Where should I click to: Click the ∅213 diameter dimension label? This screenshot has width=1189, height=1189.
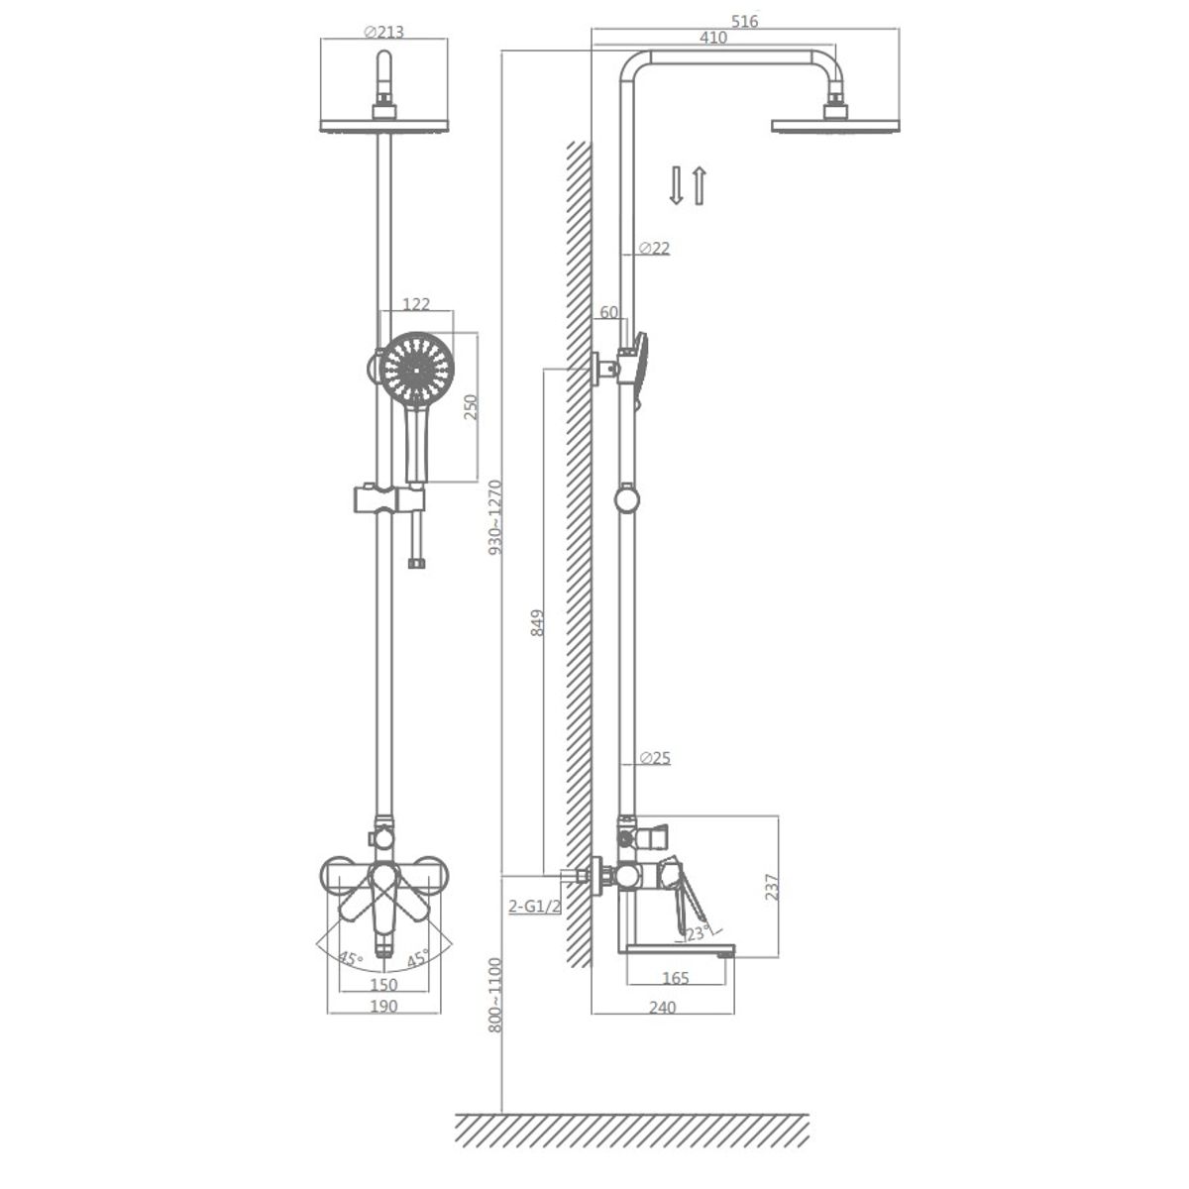tap(383, 32)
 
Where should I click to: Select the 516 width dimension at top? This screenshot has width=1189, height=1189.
tap(744, 21)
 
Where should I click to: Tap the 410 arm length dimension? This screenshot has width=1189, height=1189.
tap(713, 38)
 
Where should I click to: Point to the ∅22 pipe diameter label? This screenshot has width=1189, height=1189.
tap(654, 248)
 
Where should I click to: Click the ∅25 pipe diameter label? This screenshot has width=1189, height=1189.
tap(655, 758)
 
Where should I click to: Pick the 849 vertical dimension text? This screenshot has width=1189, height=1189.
tap(538, 622)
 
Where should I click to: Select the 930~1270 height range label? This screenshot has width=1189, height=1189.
tap(496, 517)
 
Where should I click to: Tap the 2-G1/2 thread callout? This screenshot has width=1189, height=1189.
tap(535, 906)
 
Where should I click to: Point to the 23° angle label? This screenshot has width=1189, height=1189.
tap(696, 933)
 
